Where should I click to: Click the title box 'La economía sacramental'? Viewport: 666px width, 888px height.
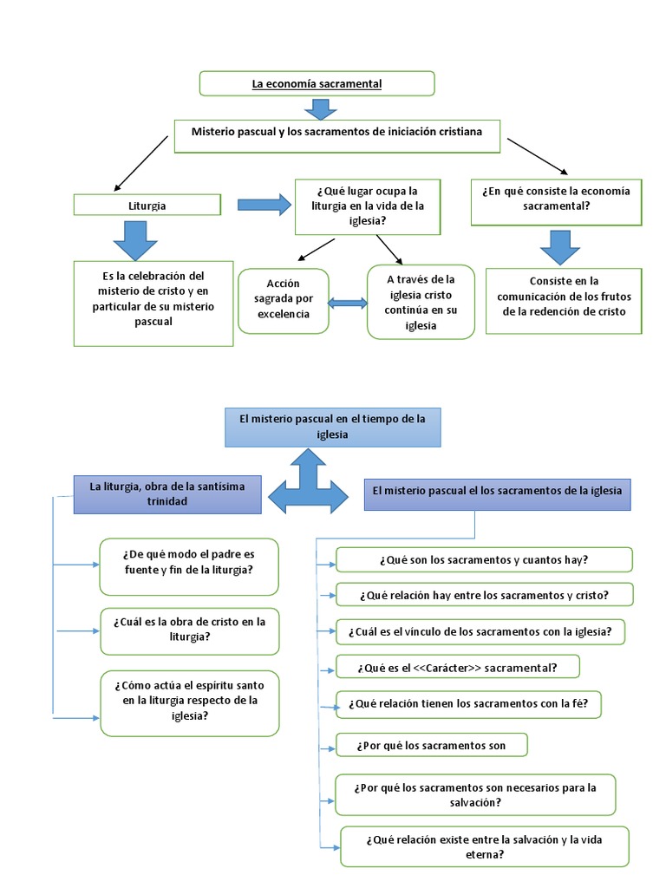click(x=317, y=84)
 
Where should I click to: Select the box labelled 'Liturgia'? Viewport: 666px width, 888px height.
click(x=147, y=205)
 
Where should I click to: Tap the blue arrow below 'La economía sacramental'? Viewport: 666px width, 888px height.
click(x=321, y=109)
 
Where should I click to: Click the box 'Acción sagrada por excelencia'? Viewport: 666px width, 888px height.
click(x=284, y=301)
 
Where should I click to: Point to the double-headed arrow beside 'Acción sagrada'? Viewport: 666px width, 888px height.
click(x=348, y=304)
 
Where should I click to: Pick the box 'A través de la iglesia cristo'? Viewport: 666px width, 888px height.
click(x=421, y=302)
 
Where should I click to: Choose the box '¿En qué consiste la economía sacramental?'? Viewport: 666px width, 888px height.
click(x=556, y=202)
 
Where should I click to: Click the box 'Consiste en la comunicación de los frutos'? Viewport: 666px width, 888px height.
click(x=564, y=301)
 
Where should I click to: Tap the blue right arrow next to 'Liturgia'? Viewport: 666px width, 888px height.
click(x=264, y=205)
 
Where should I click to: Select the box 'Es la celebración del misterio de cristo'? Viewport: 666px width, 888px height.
click(x=153, y=304)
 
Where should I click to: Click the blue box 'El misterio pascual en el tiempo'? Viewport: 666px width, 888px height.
click(x=332, y=427)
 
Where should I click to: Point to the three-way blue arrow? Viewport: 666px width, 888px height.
click(x=308, y=484)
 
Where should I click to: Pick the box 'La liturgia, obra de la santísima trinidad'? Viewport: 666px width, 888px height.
click(x=167, y=494)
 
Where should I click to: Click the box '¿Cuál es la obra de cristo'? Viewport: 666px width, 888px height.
click(x=190, y=631)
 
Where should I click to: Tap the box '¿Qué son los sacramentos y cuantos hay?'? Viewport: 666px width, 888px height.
click(x=484, y=559)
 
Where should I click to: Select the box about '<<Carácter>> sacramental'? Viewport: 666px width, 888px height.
click(x=458, y=667)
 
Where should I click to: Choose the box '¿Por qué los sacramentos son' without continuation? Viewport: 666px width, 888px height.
click(x=432, y=745)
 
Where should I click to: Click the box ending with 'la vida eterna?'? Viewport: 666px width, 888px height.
click(x=485, y=846)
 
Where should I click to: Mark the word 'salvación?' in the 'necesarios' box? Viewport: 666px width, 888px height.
click(x=475, y=802)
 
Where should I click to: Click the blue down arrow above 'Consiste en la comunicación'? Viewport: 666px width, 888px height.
click(x=560, y=247)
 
